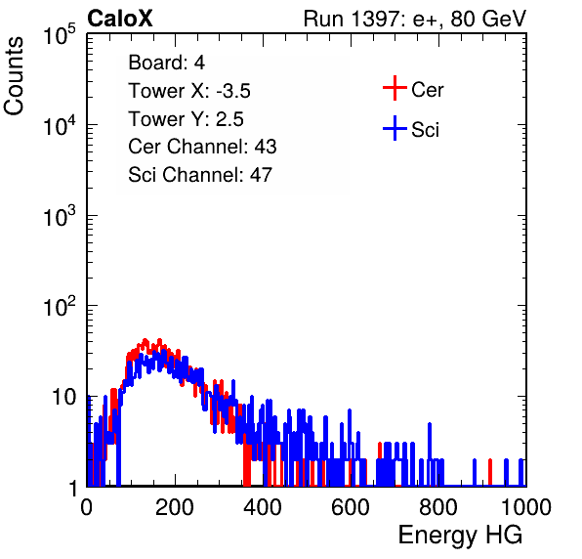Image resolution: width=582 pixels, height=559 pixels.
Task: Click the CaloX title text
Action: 119,19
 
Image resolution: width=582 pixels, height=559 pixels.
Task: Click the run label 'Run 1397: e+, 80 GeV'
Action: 415,19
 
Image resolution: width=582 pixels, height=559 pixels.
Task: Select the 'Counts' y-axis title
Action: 14,76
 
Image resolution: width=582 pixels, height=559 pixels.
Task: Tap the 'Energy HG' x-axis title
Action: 460,535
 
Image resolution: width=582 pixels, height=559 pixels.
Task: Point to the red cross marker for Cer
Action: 395,88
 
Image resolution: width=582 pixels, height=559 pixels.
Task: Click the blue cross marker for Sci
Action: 395,128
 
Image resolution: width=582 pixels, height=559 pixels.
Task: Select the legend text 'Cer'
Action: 427,90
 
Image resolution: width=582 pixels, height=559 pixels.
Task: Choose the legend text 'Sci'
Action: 425,130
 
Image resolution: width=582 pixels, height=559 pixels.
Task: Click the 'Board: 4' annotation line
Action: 166,63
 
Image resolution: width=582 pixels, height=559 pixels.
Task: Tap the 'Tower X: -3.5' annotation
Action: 189,91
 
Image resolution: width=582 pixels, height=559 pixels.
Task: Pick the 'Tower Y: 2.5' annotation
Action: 186,119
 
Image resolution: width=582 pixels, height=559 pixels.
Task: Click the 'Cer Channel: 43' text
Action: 202,147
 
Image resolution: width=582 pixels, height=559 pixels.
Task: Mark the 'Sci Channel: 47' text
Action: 200,175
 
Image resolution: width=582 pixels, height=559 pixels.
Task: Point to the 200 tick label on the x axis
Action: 174,507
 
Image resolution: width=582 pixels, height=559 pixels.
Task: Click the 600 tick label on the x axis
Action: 351,507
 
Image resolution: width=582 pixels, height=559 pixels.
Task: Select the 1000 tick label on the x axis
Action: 526,507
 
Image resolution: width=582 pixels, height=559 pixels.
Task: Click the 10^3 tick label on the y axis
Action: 60,216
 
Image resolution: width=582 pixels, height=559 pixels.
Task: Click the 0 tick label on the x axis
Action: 87,507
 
